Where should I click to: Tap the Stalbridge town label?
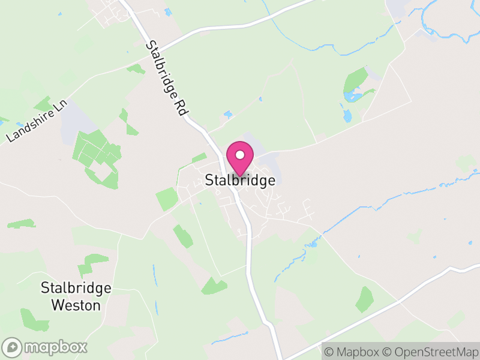[241, 180]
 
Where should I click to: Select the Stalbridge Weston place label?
[76, 296]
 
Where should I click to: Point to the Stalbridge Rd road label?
[167, 79]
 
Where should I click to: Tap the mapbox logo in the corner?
[46, 347]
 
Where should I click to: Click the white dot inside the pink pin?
[240, 155]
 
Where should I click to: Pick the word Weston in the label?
[76, 305]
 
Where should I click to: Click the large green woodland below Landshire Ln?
[96, 153]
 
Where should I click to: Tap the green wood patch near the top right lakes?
[356, 81]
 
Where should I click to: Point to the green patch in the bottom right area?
[364, 299]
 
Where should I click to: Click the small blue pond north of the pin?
[227, 114]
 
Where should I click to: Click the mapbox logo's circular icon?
[12, 347]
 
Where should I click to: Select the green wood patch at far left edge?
[22, 224]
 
